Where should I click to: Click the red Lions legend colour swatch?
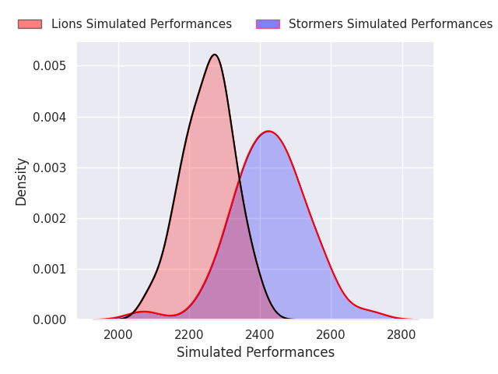30,24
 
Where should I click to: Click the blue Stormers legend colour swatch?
267,24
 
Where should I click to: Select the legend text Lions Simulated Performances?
141,24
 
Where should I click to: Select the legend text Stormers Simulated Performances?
390,24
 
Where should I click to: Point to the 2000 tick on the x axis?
118,334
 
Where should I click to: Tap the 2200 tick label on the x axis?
189,334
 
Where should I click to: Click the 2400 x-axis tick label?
260,334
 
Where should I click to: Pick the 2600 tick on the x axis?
331,334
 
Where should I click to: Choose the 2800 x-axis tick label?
402,334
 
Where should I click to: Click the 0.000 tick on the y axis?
50,319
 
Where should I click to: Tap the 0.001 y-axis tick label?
50,269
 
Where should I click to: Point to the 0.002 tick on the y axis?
50,218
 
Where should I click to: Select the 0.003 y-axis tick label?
50,168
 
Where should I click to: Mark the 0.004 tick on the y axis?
50,117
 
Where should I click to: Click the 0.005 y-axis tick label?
50,66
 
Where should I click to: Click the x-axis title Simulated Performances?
255,352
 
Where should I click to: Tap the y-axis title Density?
22,181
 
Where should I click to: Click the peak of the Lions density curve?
214,55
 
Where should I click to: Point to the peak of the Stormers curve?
268,131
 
